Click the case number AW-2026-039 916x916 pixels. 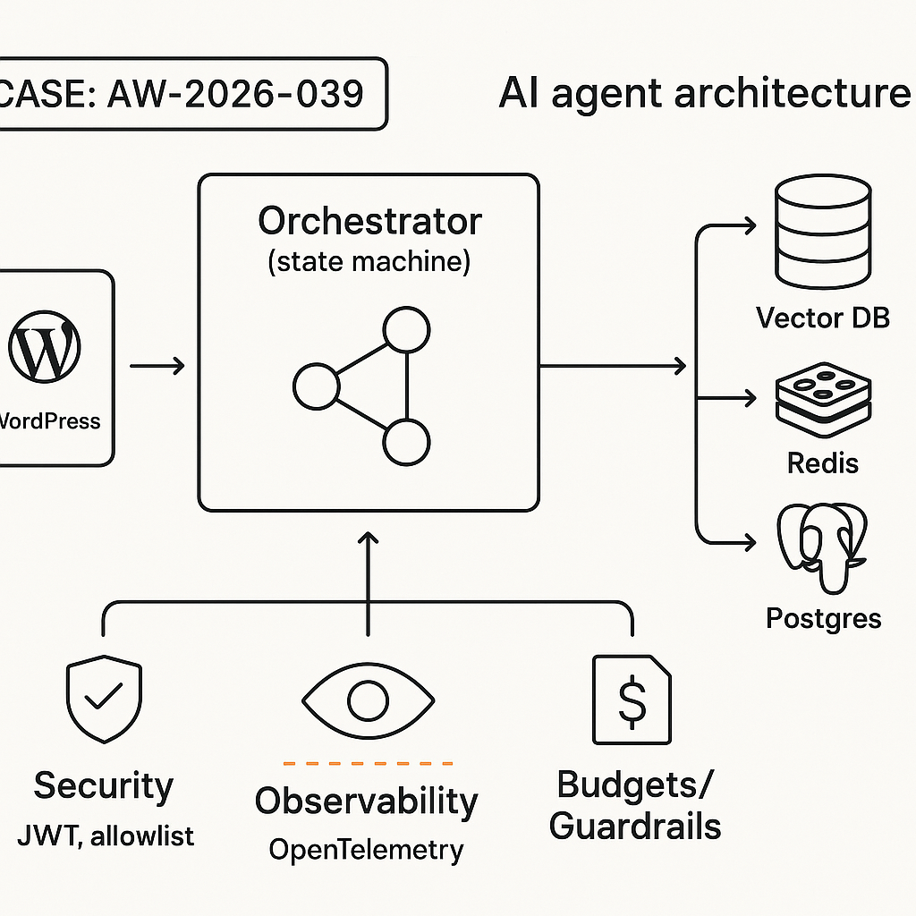click(x=234, y=95)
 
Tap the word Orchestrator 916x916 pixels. click(x=369, y=221)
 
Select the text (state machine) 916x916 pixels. click(x=369, y=263)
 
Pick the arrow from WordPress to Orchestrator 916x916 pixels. click(x=157, y=365)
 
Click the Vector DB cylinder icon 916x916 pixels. click(x=823, y=230)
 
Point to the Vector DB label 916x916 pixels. click(x=823, y=318)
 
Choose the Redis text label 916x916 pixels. click(x=823, y=462)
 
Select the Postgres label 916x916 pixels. click(x=823, y=618)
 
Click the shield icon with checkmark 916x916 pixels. click(x=104, y=700)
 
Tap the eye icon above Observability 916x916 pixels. click(x=367, y=700)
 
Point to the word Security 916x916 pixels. click(x=104, y=786)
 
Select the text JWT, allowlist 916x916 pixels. click(x=106, y=836)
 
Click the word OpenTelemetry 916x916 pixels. click(x=367, y=849)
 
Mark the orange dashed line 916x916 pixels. click(x=367, y=763)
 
